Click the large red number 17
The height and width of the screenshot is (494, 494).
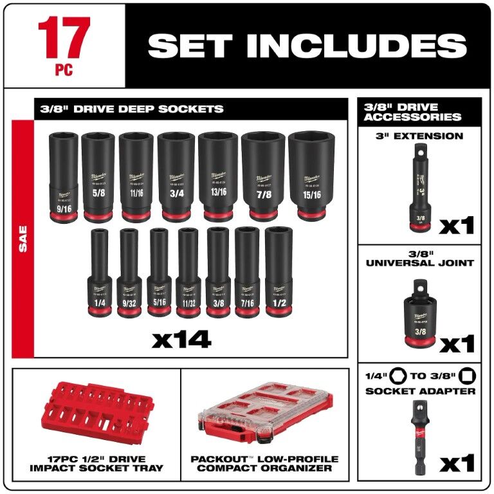(64, 37)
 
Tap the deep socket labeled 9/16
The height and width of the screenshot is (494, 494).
(62, 177)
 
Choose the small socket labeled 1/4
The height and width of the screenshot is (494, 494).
(99, 273)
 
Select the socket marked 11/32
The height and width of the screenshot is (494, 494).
(187, 273)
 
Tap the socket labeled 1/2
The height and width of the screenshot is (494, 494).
(278, 273)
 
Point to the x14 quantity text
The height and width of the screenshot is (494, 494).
(181, 339)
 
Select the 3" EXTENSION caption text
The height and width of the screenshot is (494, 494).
(419, 136)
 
